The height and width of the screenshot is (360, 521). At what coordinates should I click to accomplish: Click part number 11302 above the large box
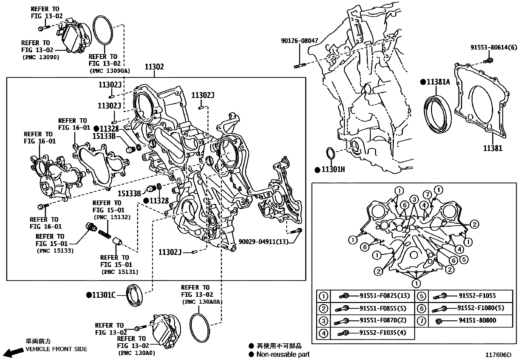tap(154, 67)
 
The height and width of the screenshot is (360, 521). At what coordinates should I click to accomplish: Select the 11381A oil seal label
tap(438, 82)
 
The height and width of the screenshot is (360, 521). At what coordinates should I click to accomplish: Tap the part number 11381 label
tap(493, 148)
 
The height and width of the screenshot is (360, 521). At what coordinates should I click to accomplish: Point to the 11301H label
tap(333, 170)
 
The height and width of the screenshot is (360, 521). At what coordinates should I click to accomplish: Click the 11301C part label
tap(103, 295)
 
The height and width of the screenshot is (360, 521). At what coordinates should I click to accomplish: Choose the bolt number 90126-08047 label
tap(299, 41)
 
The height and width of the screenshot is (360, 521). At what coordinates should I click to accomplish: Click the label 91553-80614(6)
tap(494, 47)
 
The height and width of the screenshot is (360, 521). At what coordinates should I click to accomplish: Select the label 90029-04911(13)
tap(263, 241)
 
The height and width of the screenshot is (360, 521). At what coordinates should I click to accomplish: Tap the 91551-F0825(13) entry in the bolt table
tap(385, 296)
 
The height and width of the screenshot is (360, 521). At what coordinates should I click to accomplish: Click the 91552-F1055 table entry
tap(477, 296)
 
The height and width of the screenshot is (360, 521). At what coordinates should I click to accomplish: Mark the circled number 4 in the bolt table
tap(323, 333)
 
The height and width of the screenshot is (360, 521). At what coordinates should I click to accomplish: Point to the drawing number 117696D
tap(498, 355)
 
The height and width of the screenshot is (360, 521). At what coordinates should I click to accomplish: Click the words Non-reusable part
tap(283, 354)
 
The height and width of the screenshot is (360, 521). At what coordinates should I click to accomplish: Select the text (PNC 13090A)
tap(109, 70)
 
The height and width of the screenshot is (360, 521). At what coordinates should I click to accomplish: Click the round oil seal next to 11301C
tap(135, 295)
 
